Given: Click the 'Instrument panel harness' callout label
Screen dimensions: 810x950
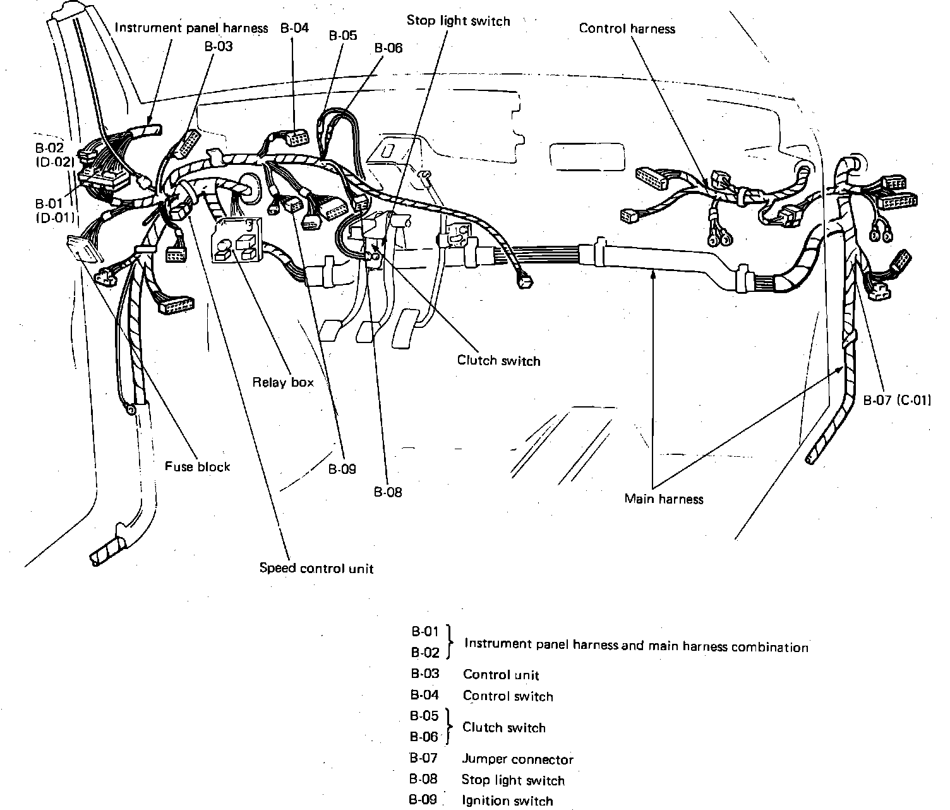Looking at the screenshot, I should coord(191,28).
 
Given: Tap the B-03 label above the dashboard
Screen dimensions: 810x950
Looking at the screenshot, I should coord(219,46).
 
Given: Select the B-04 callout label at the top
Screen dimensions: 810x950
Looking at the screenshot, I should coord(294,28).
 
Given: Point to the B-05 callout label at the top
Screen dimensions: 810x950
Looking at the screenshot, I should coord(343,35).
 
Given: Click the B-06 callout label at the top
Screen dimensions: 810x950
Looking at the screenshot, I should coord(388,48).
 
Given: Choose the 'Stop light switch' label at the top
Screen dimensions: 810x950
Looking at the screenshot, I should coord(458,21).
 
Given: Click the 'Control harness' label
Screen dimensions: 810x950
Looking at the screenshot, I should coord(627,28).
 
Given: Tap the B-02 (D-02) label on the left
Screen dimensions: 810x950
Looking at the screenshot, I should coord(54,155).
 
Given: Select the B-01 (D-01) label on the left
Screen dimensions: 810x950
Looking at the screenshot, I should coord(54,210).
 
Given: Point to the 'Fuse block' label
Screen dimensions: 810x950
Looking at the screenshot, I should coord(197,466).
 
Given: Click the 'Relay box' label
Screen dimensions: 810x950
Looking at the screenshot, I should coord(283,382).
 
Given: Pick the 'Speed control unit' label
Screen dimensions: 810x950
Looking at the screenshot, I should coord(316,568).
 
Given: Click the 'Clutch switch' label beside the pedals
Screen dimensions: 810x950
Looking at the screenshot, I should coord(498,361).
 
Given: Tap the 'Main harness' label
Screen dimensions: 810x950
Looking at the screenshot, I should coord(663,499).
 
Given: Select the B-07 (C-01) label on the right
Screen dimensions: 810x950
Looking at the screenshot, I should coord(896,399).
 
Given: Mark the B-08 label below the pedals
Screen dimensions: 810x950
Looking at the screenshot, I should coord(387,492).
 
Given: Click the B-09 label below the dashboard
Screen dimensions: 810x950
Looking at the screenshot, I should coord(342,469).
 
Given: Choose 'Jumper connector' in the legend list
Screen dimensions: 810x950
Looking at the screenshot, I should coord(517,759).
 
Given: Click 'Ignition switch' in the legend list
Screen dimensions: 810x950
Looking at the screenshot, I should coord(507,801).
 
